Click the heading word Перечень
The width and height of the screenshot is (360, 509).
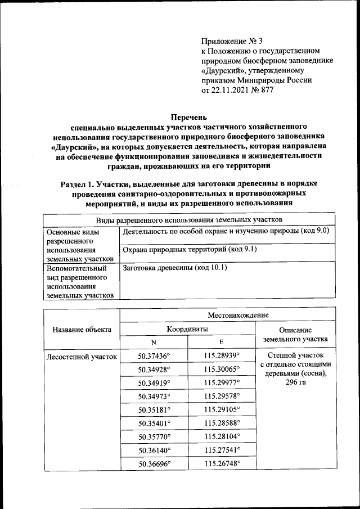(x=189, y=118)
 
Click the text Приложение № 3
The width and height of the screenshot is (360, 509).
(x=232, y=41)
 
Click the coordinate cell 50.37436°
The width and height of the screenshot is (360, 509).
(x=154, y=356)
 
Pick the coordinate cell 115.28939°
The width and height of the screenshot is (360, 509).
(x=222, y=356)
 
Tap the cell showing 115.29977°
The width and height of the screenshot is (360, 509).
(x=222, y=383)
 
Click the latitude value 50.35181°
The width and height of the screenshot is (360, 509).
(x=154, y=410)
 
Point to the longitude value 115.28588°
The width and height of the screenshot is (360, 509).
(x=222, y=424)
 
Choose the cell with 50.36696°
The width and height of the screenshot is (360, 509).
(x=154, y=464)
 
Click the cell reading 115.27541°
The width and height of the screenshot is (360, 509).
(x=222, y=451)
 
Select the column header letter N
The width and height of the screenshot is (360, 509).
(x=154, y=343)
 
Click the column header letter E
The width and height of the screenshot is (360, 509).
(x=222, y=343)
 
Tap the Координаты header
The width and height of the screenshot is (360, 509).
(x=188, y=329)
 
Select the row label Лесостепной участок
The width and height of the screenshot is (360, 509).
(x=82, y=357)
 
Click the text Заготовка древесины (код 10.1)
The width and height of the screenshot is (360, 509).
(x=174, y=268)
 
